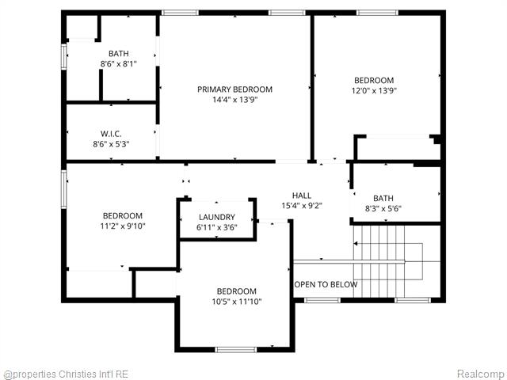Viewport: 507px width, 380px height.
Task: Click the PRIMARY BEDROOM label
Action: tap(234, 89)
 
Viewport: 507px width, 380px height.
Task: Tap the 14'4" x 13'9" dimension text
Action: tap(234, 100)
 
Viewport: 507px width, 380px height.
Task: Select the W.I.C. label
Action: tap(111, 133)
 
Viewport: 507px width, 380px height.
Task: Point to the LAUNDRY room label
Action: tap(216, 217)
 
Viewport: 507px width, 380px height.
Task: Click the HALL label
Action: tap(302, 195)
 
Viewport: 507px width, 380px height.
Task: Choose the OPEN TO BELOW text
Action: tap(326, 284)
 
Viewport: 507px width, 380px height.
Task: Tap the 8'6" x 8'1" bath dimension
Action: tap(118, 64)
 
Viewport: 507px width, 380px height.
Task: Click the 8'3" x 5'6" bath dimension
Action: tap(383, 209)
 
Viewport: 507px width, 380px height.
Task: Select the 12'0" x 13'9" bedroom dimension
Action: tap(374, 90)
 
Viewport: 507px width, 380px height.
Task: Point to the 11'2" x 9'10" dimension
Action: tap(123, 226)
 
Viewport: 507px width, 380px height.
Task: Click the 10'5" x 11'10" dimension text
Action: tap(237, 302)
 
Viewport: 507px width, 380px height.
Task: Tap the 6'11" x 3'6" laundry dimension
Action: tap(216, 228)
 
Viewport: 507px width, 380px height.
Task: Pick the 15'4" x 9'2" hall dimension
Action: tap(302, 206)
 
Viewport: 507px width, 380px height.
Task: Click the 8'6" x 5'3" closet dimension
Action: tap(111, 144)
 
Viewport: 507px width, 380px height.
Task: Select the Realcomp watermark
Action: tap(480, 374)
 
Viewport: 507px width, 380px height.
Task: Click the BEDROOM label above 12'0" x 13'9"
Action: tap(374, 80)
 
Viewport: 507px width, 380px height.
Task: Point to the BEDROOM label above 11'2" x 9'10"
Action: tap(123, 215)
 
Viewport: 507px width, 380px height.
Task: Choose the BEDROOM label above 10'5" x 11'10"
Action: tap(237, 291)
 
